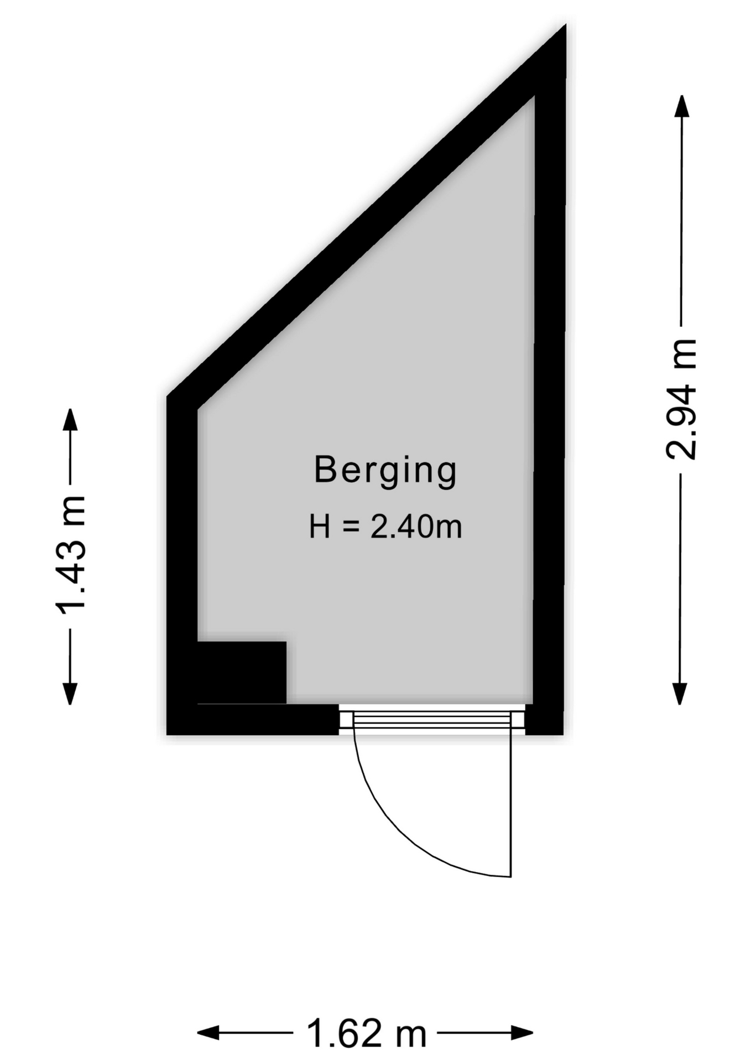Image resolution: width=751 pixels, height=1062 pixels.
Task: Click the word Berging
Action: pos(385,471)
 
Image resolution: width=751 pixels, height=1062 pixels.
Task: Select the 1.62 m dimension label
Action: pos(366,1032)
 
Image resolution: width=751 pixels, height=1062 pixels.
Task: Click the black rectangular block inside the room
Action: pos(242,672)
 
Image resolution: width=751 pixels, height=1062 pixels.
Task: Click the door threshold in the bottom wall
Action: pos(431,720)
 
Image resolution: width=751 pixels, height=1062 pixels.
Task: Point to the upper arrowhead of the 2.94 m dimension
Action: pos(681,105)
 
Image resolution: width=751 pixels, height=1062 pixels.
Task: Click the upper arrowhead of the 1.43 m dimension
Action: pos(70,419)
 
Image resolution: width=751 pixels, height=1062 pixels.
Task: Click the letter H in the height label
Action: pos(320,527)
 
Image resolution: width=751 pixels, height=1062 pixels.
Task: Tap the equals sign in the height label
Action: pos(351,527)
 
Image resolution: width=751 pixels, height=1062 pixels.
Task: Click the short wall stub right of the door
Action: pos(544,720)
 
